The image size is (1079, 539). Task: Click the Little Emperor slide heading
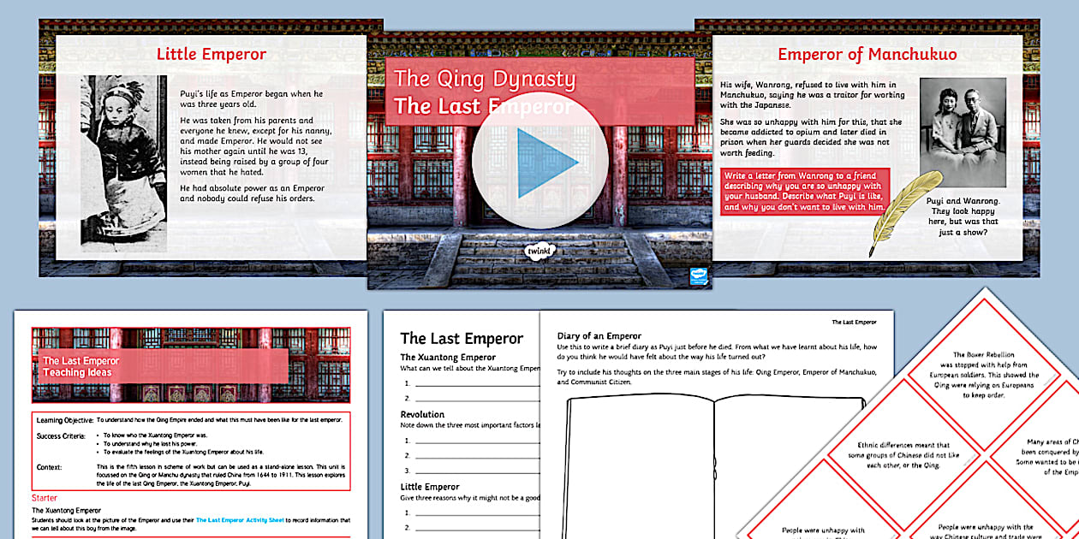point(212,55)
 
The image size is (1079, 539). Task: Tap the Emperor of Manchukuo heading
point(867,55)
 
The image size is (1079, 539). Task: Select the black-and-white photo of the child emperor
point(123,163)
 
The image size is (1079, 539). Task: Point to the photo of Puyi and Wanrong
point(962,133)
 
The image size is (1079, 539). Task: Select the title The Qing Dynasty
point(485,80)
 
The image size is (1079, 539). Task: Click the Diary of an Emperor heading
point(599,336)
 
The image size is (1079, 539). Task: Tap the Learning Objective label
point(64,420)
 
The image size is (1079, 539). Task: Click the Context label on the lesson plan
point(50,467)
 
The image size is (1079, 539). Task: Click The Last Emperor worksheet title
point(462,338)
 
